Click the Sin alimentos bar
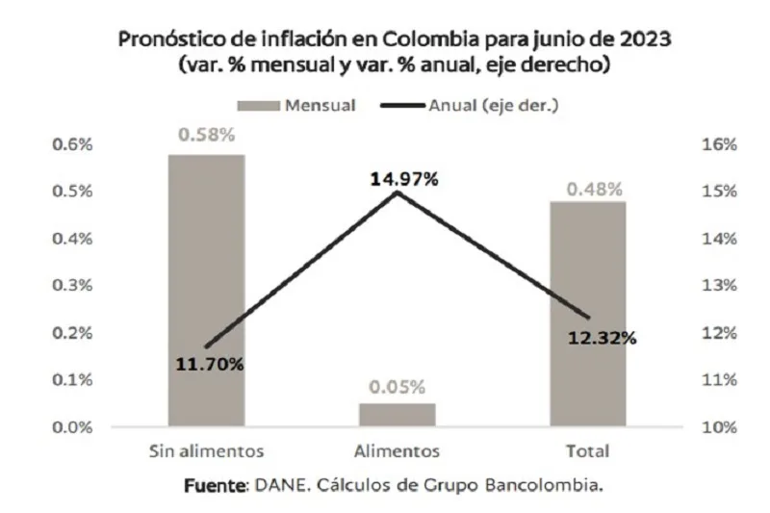point(207,289)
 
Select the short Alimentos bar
point(398,415)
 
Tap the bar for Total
point(588,313)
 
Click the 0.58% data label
point(206,135)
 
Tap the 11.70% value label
point(210,364)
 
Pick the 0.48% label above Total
point(588,190)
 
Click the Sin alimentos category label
point(206,450)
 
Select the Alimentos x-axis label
point(398,450)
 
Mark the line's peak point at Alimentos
point(398,192)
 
